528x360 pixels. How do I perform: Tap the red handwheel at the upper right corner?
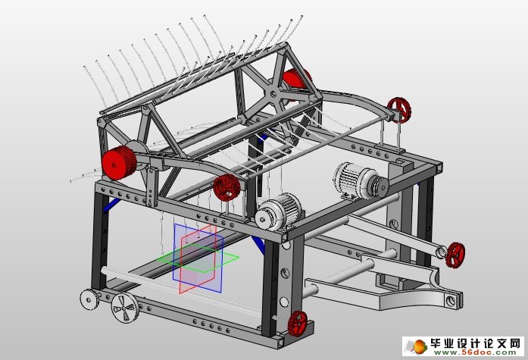[x=399, y=110]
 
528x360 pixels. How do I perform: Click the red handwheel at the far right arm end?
[x=456, y=254]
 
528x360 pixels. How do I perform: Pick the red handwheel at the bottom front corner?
[x=298, y=323]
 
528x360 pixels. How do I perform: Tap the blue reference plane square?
[x=197, y=258]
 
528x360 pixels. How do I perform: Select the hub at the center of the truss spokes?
[x=272, y=94]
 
